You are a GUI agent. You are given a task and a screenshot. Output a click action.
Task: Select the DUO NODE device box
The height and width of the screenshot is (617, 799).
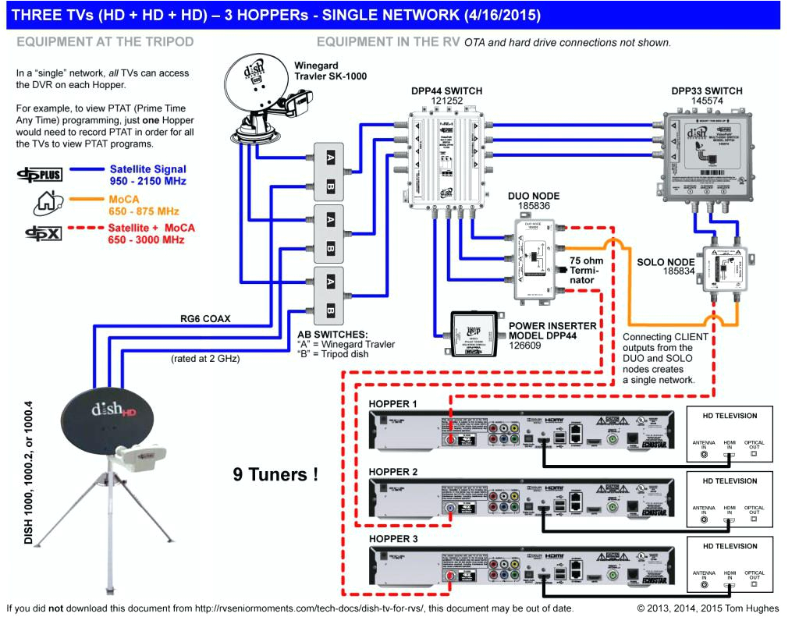point(534,261)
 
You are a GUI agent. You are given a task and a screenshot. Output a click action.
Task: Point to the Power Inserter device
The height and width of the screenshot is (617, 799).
point(471,334)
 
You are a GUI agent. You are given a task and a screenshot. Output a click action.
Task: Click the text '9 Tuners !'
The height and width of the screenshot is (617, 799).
point(275,473)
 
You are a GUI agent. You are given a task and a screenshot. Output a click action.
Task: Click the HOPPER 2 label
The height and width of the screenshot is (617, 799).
point(392,472)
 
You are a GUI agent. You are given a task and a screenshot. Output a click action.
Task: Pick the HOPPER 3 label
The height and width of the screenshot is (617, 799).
point(392,539)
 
